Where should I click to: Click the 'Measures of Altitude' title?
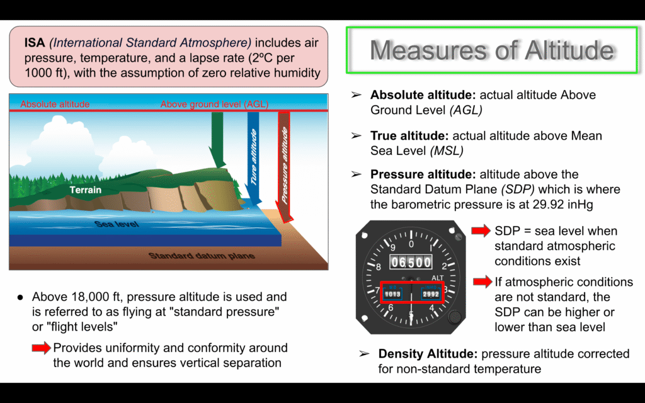[x=492, y=50]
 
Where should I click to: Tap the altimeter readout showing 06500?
[x=411, y=262]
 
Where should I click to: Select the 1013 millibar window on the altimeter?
[x=392, y=294]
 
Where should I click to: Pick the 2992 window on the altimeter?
[x=431, y=294]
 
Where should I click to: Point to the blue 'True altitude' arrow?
[x=254, y=158]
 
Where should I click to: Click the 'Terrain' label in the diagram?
[x=85, y=190]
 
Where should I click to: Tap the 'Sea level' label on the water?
[x=117, y=224]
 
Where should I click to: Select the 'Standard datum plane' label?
[x=202, y=256]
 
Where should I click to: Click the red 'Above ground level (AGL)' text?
[x=214, y=104]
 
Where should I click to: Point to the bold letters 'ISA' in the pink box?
[x=35, y=43]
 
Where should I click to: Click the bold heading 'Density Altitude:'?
[x=428, y=354]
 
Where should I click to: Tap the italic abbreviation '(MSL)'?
[x=447, y=151]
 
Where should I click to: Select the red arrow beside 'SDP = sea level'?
[x=481, y=230]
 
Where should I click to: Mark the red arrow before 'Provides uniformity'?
[x=41, y=348]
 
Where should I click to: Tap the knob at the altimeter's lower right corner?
[x=454, y=317]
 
